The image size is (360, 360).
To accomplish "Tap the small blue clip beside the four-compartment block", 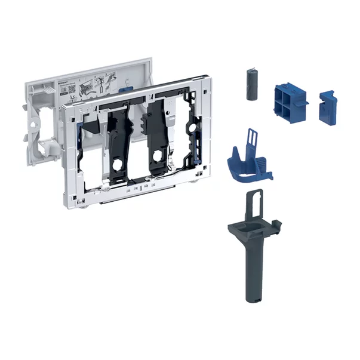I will (x=327, y=107).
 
